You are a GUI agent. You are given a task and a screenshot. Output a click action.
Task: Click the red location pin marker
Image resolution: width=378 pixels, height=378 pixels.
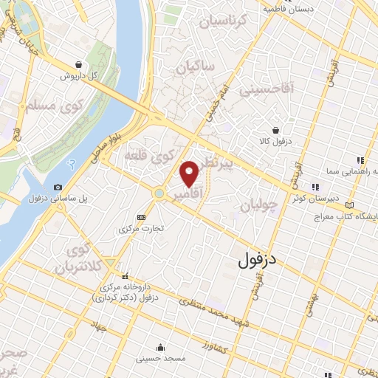pos(190,173)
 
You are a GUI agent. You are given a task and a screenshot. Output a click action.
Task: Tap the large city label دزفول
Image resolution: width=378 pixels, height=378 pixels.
pos(261,261)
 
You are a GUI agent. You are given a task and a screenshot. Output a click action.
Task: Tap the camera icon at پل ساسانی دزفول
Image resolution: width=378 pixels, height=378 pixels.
pos(58,188)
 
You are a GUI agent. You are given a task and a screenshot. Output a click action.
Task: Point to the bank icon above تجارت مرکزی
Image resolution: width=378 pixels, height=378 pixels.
pos(141,218)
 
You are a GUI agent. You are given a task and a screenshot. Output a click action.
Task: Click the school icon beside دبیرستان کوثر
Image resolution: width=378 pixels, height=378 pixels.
pos(315,187)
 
